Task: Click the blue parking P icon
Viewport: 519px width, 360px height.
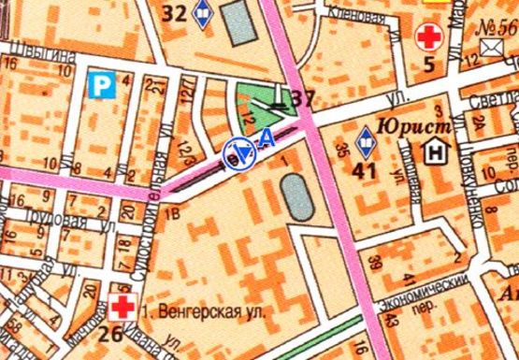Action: [100, 86]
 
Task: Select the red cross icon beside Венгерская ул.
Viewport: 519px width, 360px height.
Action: [122, 307]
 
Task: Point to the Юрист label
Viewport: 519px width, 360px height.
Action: [414, 123]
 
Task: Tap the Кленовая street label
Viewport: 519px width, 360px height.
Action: [353, 13]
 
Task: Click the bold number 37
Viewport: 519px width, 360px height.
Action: [300, 99]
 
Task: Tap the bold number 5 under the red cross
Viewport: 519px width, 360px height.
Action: [429, 65]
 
